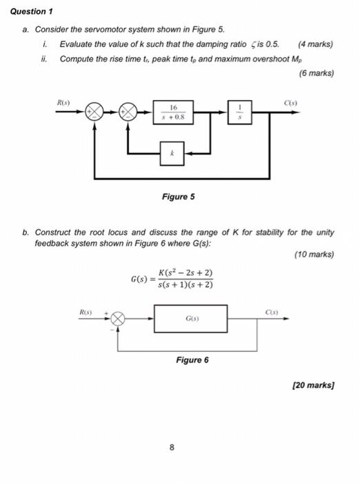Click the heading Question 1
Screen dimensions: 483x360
coord(34,12)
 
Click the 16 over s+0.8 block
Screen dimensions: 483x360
coord(174,112)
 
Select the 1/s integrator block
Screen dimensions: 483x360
coord(239,112)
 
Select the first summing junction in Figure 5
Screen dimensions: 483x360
coord(94,112)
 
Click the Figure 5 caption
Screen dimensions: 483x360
coord(178,197)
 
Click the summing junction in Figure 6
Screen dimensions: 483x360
coord(118,319)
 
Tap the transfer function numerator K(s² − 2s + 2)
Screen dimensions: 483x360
coord(185,273)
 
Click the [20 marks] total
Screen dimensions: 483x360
coord(312,385)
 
